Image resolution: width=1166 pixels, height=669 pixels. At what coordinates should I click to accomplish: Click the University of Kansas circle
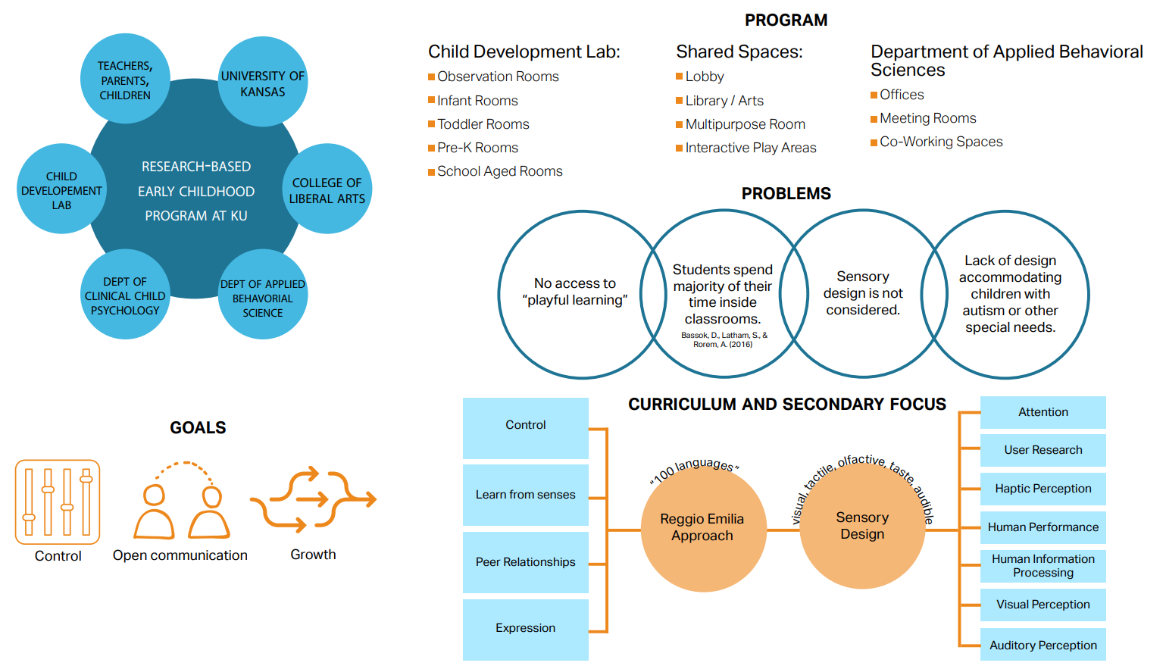(263, 82)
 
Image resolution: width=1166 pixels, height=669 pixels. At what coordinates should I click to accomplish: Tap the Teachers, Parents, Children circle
(125, 79)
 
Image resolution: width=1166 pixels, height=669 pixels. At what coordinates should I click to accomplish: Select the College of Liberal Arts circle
(327, 189)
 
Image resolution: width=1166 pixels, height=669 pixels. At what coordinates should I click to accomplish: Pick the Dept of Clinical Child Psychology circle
(125, 295)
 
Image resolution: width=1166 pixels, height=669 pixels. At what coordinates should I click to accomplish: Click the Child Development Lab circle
(61, 189)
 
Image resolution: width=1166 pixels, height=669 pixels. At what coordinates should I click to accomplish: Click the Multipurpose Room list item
(745, 124)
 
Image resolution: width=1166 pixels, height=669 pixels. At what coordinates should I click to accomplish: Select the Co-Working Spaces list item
(941, 142)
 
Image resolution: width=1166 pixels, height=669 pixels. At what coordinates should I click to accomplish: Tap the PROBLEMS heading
(786, 194)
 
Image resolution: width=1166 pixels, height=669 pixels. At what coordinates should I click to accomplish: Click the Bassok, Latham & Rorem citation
(724, 339)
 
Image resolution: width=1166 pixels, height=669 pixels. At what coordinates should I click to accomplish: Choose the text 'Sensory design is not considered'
(863, 293)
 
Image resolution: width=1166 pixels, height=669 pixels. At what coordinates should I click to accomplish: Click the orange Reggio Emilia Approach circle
(703, 528)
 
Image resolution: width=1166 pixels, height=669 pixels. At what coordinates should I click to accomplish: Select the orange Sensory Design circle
(862, 527)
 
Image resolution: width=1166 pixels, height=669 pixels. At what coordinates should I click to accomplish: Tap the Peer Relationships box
(526, 562)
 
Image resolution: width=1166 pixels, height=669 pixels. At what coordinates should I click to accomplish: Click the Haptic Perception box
(1043, 489)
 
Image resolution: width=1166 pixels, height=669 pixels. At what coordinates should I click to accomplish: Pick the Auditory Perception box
(1043, 645)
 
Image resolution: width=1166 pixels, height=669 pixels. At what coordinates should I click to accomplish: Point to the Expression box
(526, 629)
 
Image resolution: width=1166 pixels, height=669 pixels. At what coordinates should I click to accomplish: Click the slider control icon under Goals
(58, 502)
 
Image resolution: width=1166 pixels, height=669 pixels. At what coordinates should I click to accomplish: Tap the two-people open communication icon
(182, 502)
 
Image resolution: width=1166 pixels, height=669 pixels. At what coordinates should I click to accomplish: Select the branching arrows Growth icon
(314, 500)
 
